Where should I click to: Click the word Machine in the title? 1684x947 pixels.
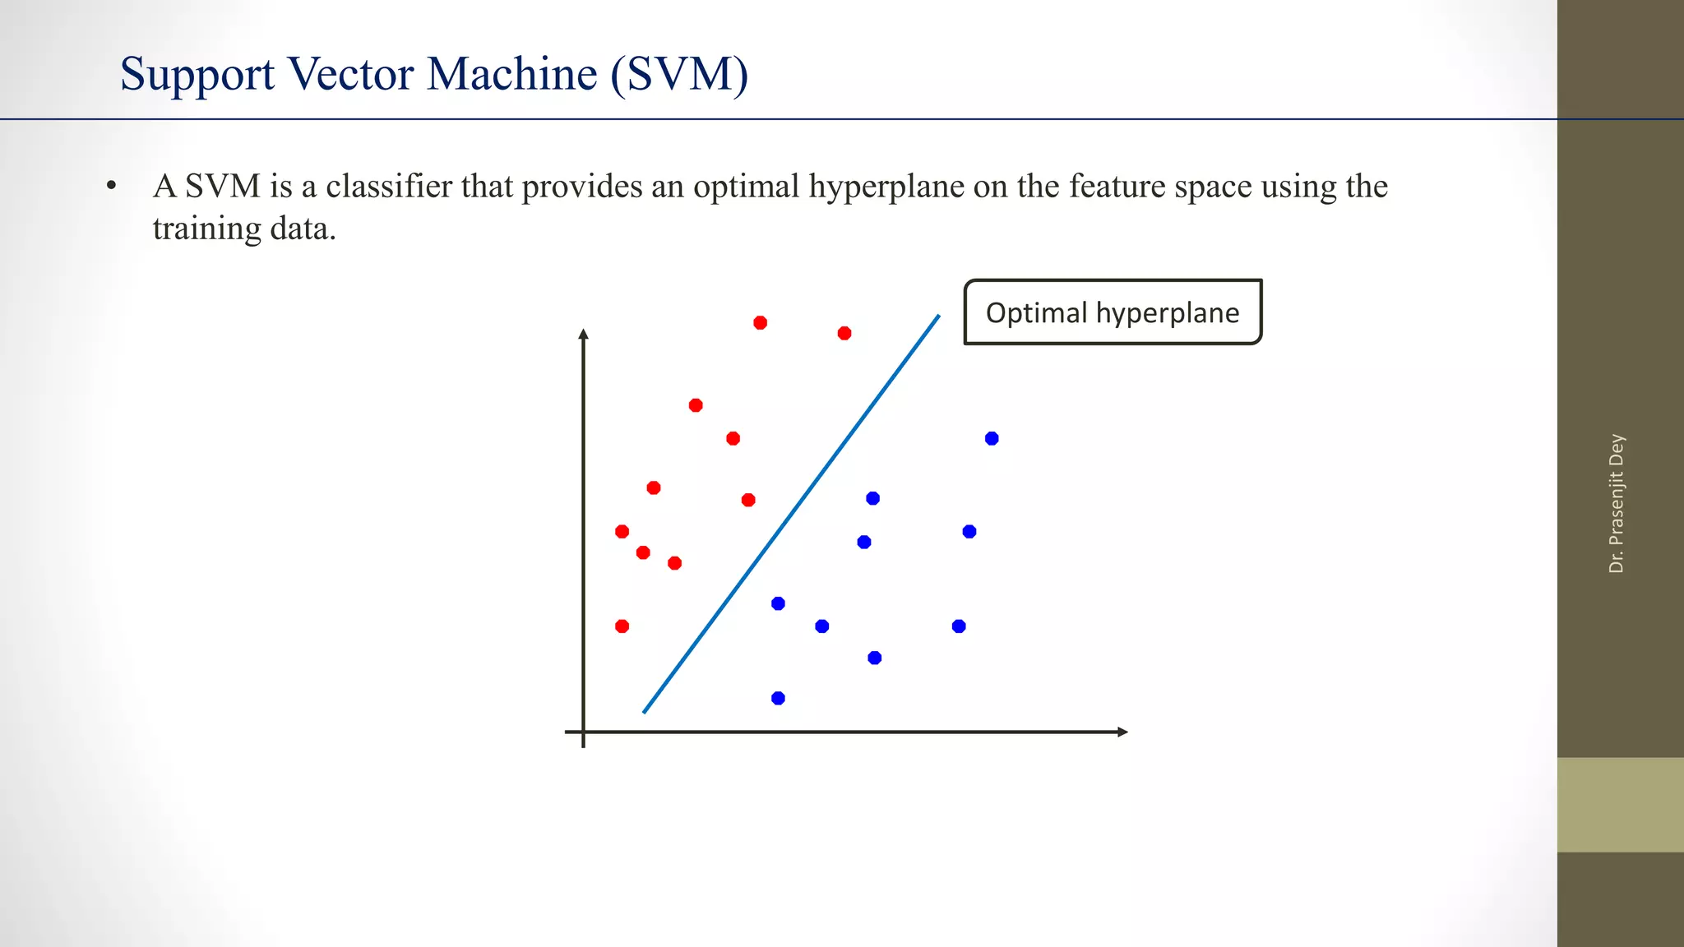coord(511,74)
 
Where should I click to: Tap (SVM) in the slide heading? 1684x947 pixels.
coord(679,74)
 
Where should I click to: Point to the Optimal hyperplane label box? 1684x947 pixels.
coord(1112,312)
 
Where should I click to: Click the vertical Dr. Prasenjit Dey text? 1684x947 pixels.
coord(1616,503)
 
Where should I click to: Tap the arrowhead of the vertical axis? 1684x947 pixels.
coord(584,334)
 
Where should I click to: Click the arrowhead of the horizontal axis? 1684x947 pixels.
coord(1122,732)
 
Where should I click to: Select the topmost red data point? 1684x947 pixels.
coord(761,322)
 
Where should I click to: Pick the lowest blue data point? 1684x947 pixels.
coord(778,698)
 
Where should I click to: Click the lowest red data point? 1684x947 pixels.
coord(622,626)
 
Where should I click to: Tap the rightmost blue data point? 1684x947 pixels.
coord(992,438)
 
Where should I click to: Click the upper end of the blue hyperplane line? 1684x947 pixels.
coord(938,316)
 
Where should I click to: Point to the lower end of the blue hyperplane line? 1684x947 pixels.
coord(645,711)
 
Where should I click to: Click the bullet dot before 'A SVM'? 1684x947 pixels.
coord(111,187)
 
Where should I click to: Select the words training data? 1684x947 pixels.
coord(244,229)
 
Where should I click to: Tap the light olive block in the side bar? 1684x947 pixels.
coord(1620,804)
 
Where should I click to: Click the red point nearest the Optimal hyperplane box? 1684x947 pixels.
coord(844,333)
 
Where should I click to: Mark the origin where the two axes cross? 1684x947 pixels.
coord(584,732)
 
